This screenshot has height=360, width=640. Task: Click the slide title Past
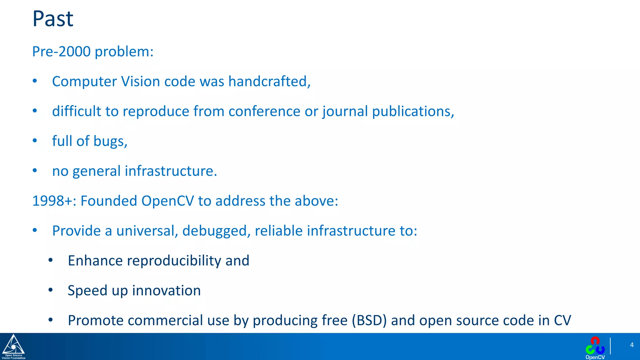click(x=53, y=19)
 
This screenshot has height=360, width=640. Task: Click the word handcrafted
click(x=268, y=82)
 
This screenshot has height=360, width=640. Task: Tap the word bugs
click(x=109, y=142)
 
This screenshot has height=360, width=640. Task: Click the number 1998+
click(x=52, y=201)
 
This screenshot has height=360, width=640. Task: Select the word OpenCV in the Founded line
click(x=167, y=201)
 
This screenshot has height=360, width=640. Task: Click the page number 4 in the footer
click(x=632, y=345)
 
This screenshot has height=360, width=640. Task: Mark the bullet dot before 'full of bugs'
click(x=35, y=141)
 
